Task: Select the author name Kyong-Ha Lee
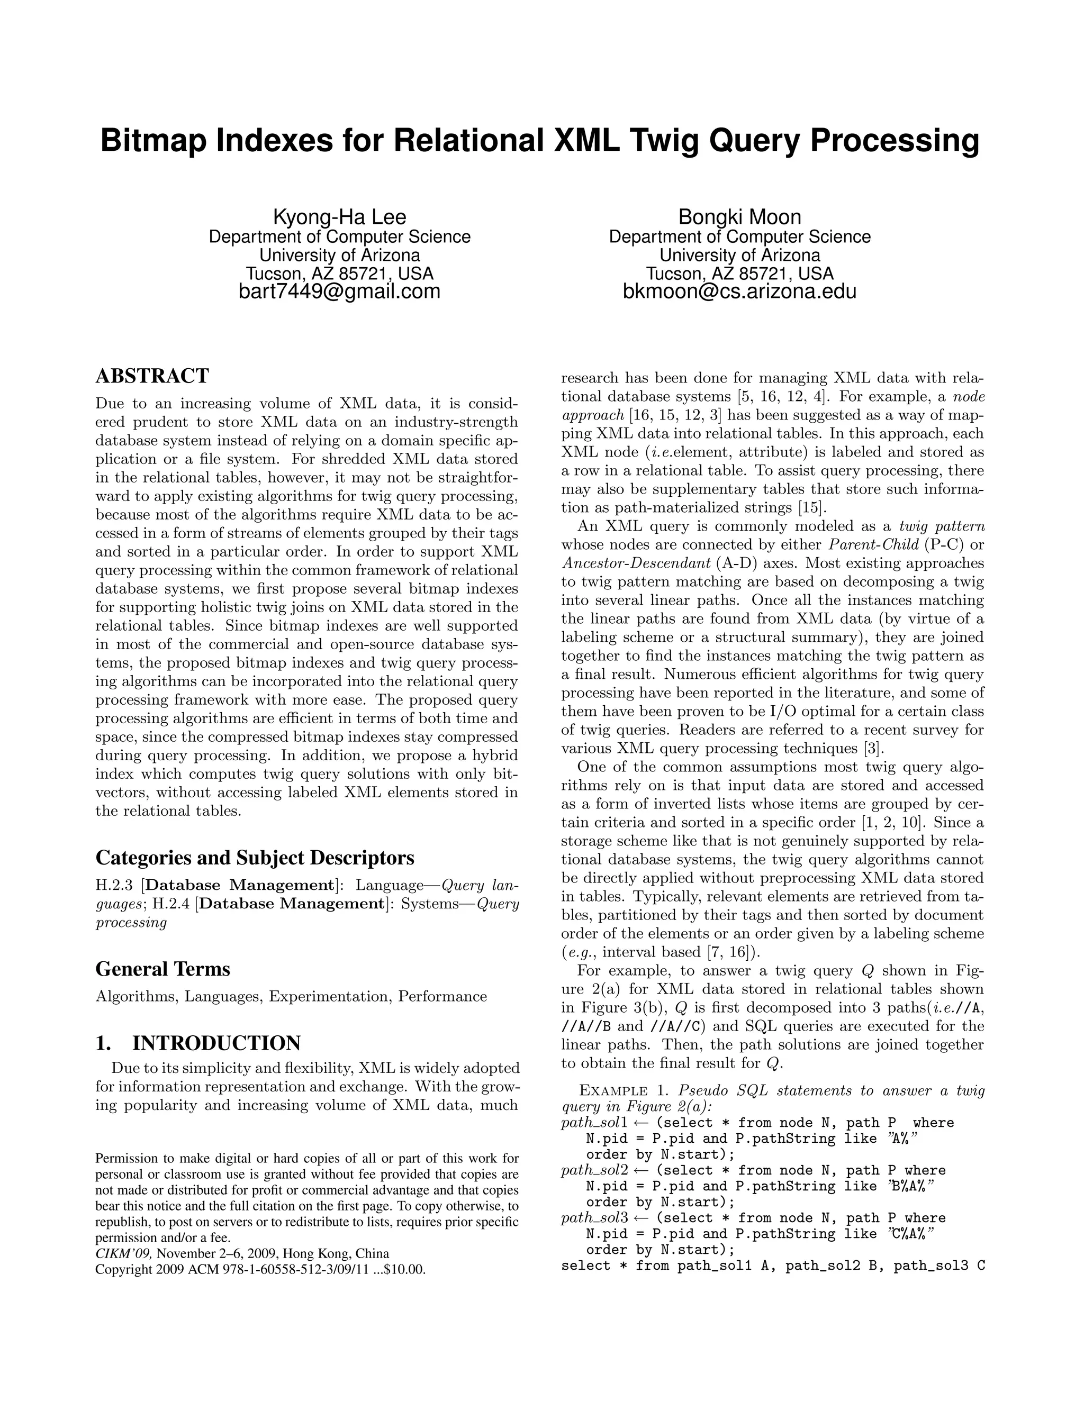pyautogui.click(x=339, y=216)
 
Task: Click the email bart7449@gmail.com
pyautogui.click(x=339, y=292)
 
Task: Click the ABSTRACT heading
pyautogui.click(x=152, y=376)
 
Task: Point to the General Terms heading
pyautogui.click(x=162, y=969)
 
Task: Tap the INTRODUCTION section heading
pyautogui.click(x=216, y=1043)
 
